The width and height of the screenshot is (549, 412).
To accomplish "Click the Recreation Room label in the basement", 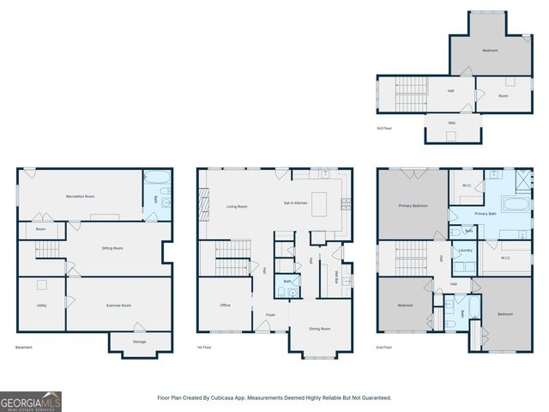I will (x=80, y=197).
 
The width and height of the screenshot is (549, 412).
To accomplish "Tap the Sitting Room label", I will (x=112, y=248).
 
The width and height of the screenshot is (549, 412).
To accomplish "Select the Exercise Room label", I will (x=118, y=306).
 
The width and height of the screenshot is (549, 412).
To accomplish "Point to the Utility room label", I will (x=41, y=306).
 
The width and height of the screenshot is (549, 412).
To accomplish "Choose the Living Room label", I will (x=237, y=207).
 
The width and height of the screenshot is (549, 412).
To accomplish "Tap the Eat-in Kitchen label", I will (x=296, y=203).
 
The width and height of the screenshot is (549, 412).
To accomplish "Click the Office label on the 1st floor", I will (x=225, y=306).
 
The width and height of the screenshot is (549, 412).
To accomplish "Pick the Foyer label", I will (x=269, y=315).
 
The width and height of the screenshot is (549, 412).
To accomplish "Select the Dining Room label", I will (x=319, y=329).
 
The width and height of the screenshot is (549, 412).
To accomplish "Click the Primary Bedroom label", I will (x=413, y=206).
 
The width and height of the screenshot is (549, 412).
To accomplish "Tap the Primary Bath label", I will (x=486, y=214).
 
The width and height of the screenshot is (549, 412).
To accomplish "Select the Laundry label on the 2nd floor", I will (x=466, y=251).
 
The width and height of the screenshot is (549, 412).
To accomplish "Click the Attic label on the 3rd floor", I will (x=452, y=123).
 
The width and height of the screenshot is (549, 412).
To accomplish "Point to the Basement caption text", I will (x=24, y=348).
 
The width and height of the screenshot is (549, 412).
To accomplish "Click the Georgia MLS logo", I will (x=31, y=402).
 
